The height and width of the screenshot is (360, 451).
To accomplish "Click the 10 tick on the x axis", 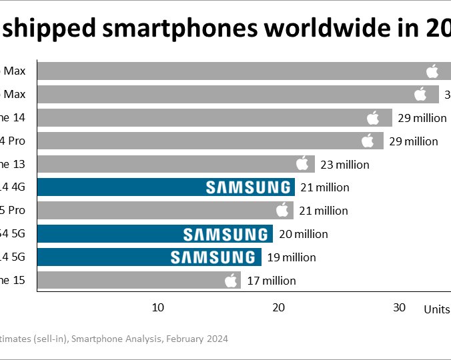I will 157,307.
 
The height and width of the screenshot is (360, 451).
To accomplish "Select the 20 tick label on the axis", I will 278,307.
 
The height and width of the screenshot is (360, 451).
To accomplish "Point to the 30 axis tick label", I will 399,307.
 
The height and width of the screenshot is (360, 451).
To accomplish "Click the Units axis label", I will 437,309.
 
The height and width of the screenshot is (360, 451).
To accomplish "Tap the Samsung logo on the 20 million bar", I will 225,234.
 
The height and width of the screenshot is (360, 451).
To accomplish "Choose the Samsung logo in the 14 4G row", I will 248,187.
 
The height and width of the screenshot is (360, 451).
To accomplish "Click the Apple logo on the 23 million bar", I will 302,164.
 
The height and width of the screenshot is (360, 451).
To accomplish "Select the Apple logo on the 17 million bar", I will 231,280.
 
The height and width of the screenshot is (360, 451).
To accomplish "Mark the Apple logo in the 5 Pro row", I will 282,211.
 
